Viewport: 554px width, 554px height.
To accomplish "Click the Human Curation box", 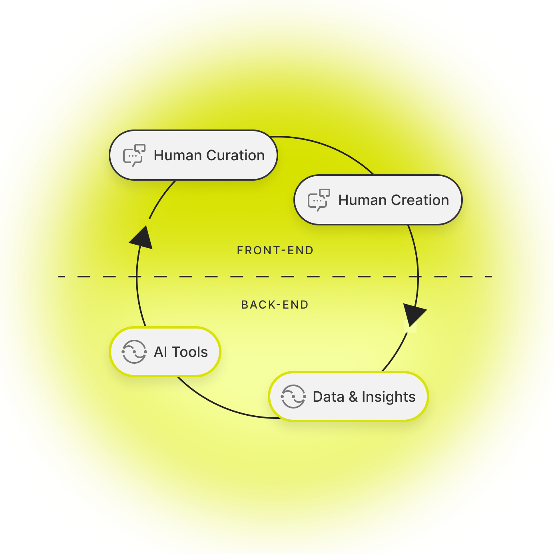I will tap(193, 155).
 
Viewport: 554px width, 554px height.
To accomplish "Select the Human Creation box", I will tap(378, 200).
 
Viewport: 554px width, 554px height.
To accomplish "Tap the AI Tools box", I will tap(165, 352).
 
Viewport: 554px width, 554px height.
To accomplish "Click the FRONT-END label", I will tap(275, 251).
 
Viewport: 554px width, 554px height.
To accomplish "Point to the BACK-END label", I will tap(275, 305).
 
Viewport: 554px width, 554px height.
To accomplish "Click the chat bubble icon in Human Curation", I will tap(134, 155).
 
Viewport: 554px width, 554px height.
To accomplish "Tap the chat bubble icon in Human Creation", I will tap(319, 200).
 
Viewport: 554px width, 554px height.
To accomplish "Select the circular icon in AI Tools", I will tap(134, 352).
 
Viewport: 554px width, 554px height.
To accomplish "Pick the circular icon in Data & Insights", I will tap(293, 397).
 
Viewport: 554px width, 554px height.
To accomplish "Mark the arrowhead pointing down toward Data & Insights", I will tap(414, 314).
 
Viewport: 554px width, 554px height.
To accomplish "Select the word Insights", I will tap(389, 397).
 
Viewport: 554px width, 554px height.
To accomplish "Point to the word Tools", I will tap(190, 352).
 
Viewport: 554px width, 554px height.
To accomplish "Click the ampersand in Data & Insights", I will tap(353, 397).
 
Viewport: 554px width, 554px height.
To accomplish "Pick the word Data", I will tap(329, 397).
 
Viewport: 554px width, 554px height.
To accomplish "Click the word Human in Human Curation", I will tap(177, 155).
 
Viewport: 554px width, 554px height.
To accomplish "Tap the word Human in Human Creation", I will tap(362, 200).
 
